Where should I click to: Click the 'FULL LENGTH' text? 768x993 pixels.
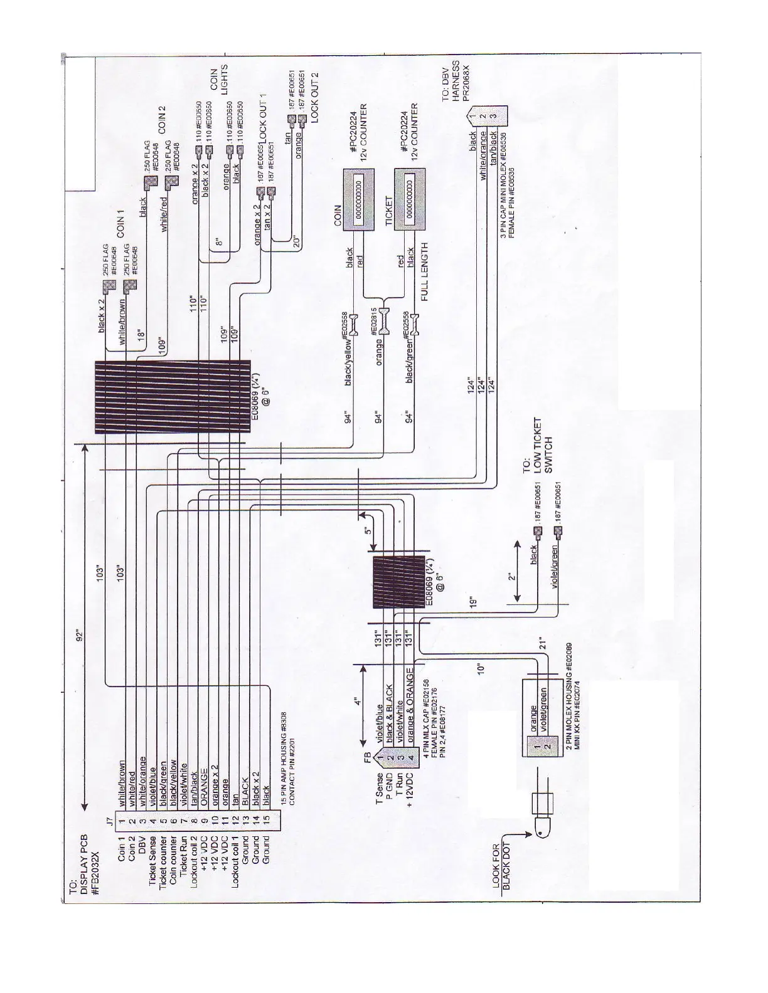(x=425, y=272)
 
